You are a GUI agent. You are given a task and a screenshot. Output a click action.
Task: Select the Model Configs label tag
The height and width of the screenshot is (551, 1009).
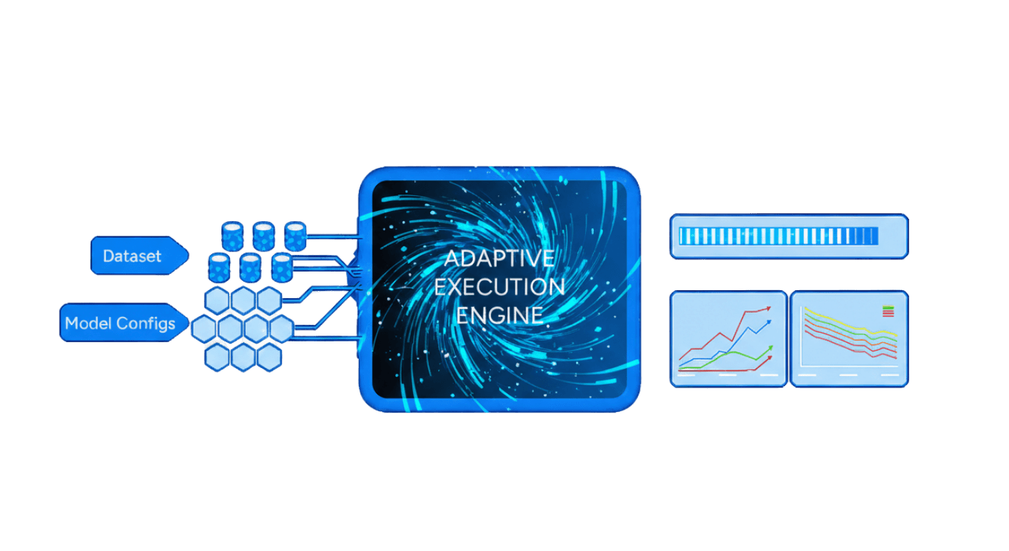(120, 323)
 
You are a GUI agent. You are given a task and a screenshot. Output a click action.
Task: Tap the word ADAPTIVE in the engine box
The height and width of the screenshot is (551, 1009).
(499, 259)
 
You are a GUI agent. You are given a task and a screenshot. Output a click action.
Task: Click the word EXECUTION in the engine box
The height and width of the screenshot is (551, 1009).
(499, 287)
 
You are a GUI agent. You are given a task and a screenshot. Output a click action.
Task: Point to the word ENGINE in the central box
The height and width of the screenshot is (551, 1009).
(499, 315)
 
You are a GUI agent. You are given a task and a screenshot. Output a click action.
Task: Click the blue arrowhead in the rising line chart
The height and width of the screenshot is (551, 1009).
(768, 323)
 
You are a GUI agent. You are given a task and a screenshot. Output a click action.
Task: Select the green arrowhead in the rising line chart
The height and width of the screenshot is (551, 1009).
(769, 349)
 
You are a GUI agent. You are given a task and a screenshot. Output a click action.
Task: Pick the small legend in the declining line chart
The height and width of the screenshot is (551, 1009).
(888, 311)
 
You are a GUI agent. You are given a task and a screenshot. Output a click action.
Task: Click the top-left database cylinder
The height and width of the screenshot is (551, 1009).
(232, 234)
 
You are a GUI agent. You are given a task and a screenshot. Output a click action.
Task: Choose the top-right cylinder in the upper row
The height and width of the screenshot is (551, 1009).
(295, 234)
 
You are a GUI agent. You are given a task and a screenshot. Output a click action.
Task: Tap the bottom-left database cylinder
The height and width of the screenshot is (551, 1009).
(218, 267)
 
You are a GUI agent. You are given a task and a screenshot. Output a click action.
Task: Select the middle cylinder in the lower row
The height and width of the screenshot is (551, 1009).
(250, 267)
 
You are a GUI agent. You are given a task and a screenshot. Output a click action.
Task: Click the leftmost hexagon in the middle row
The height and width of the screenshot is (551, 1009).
(205, 329)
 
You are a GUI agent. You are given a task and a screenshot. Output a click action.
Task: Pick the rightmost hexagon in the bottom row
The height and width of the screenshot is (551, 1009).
(269, 357)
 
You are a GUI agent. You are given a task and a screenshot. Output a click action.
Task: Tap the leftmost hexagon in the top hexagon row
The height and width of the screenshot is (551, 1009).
(217, 301)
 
